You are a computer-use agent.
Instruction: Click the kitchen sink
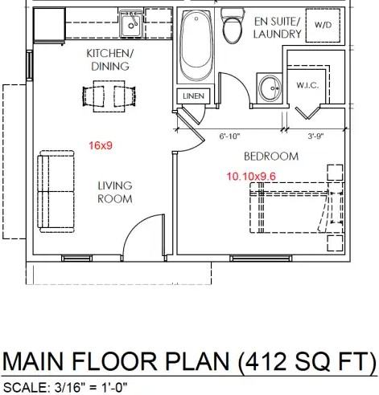pos(130,23)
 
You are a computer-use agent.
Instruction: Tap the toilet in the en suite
pos(233,26)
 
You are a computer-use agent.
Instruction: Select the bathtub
pos(196,45)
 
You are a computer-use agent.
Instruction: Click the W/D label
pos(323,25)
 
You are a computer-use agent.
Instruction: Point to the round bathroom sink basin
pos(270,88)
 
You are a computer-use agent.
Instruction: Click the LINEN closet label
pos(193,96)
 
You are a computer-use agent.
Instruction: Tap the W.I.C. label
pos(307,85)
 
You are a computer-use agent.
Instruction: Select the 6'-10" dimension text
pos(229,136)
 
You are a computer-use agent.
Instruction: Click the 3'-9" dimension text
pos(315,136)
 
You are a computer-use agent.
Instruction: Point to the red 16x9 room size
pos(101,145)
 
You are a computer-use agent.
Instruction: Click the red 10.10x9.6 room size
pos(251,177)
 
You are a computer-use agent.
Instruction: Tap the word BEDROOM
pos(271,157)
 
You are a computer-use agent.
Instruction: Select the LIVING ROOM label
pos(115,192)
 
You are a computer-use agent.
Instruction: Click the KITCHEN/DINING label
pos(110,59)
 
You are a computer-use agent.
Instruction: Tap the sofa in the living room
pos(56,191)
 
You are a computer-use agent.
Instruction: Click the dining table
pos(109,96)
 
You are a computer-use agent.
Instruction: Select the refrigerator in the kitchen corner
pos(49,26)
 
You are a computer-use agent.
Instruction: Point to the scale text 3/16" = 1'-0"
pos(91,388)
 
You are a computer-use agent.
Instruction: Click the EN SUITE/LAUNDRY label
pos(278,28)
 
